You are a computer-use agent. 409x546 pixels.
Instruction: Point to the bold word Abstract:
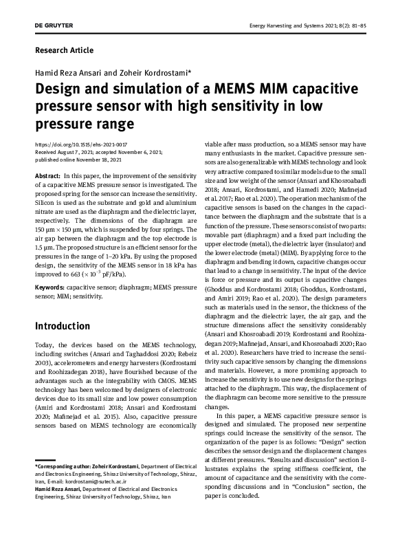(x=47, y=177)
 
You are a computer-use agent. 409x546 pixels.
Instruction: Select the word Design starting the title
(x=60, y=89)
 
